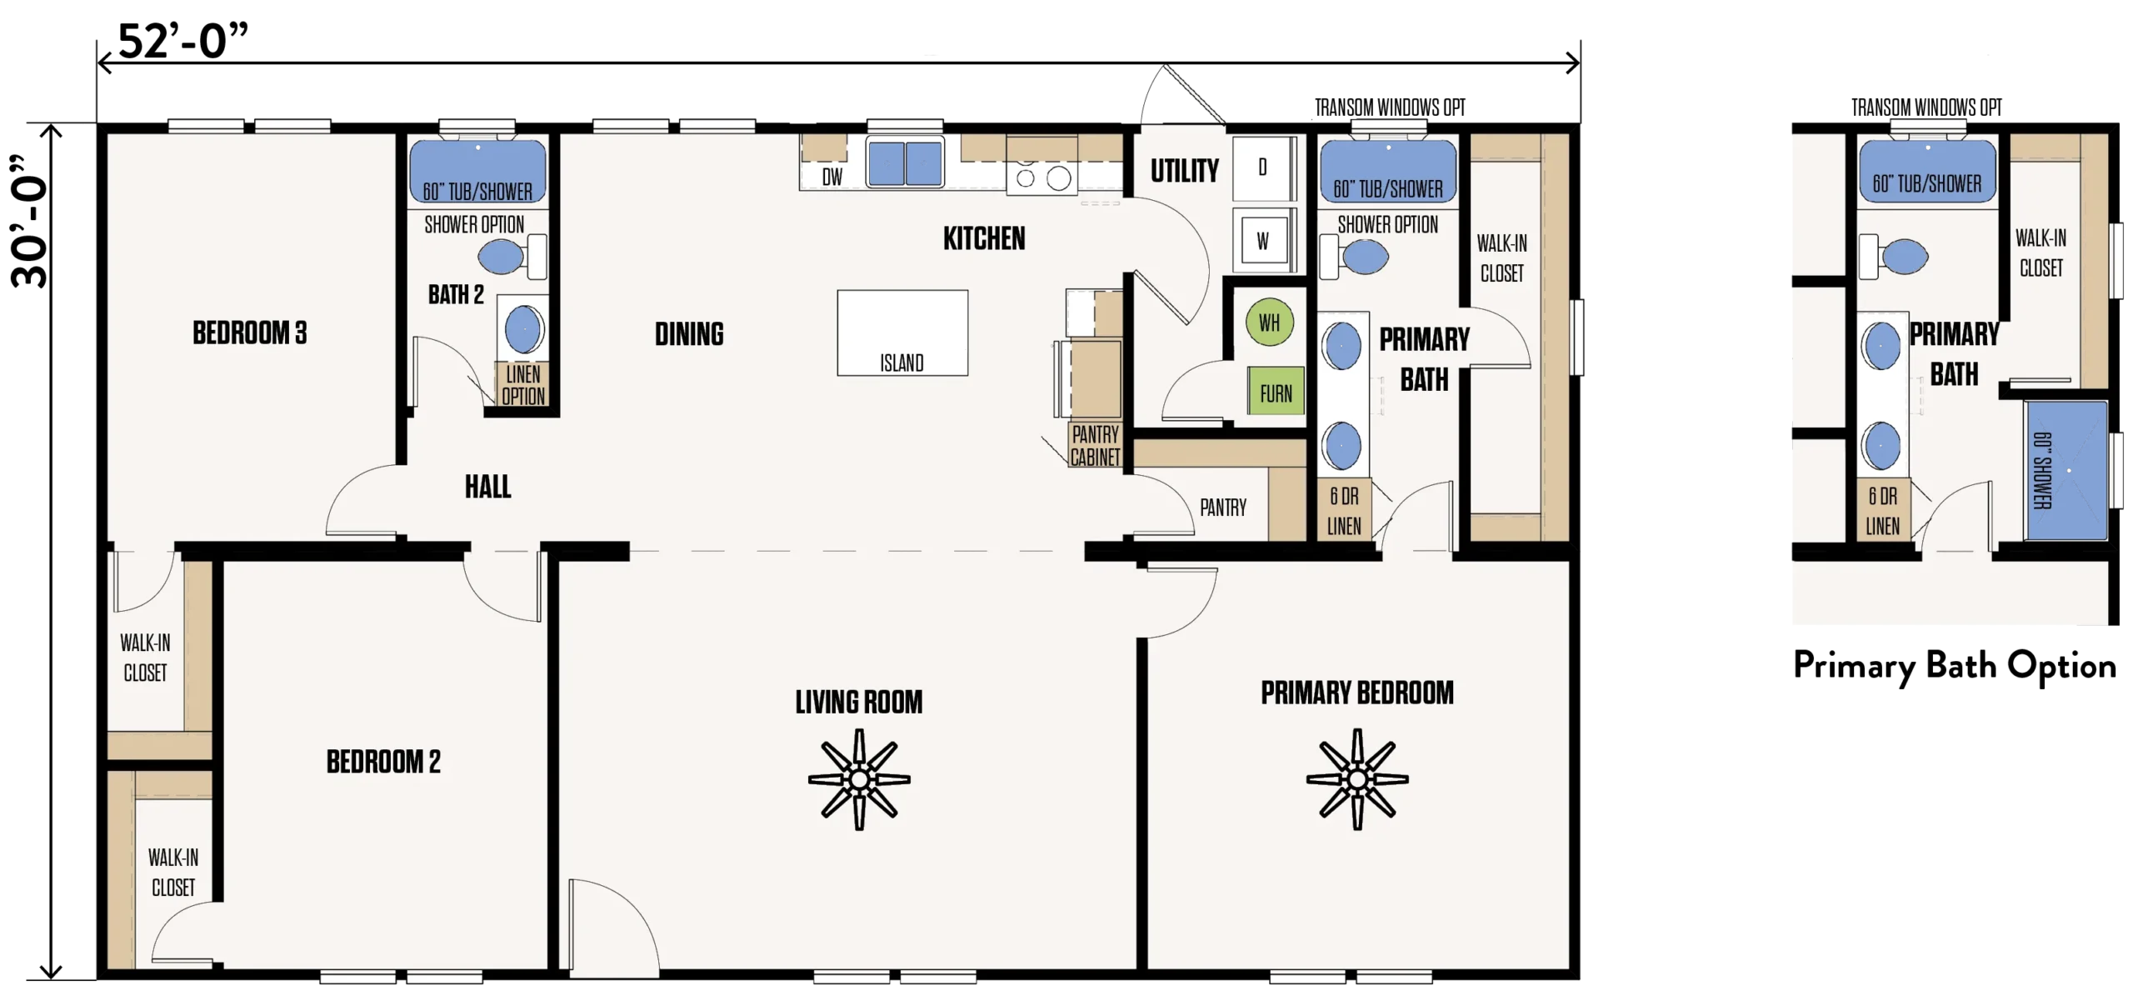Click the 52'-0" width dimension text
pyautogui.click(x=183, y=41)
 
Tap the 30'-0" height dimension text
pyautogui.click(x=30, y=222)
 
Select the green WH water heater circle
pyautogui.click(x=1269, y=323)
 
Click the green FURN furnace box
pyautogui.click(x=1276, y=391)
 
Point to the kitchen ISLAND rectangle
pyautogui.click(x=902, y=333)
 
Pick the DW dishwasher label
pyautogui.click(x=832, y=177)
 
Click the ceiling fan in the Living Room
pyautogui.click(x=859, y=779)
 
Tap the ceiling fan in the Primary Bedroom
pyautogui.click(x=1357, y=779)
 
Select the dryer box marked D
pyautogui.click(x=1263, y=168)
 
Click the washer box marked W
pyautogui.click(x=1263, y=241)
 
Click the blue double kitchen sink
pyautogui.click(x=905, y=162)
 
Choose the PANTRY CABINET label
pyautogui.click(x=1095, y=446)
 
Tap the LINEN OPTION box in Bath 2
pyautogui.click(x=523, y=384)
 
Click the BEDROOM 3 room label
pyautogui.click(x=250, y=333)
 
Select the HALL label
pyautogui.click(x=488, y=487)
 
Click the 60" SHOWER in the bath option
pyautogui.click(x=2066, y=470)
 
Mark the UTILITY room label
pyautogui.click(x=1185, y=171)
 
